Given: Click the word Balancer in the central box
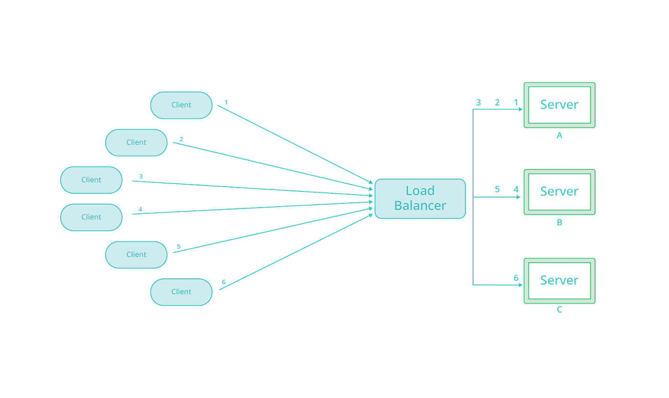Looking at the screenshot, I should click(x=420, y=206).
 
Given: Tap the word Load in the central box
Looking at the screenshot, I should click(x=420, y=191).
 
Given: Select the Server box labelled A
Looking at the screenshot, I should click(x=559, y=105).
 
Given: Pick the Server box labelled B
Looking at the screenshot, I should click(x=559, y=191).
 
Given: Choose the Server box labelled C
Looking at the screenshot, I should click(x=559, y=280).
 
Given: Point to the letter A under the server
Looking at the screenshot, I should click(x=559, y=136).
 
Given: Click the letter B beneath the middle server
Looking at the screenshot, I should click(x=559, y=223).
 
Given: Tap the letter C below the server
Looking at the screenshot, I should click(x=559, y=311).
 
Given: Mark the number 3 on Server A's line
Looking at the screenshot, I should click(x=478, y=103).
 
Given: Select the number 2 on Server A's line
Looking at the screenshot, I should click(x=497, y=103).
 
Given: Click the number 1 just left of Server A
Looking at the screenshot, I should click(x=516, y=103).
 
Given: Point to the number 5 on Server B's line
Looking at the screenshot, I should click(x=497, y=189).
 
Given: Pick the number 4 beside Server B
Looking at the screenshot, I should click(x=516, y=189).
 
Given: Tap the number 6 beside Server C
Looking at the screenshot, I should click(x=515, y=277).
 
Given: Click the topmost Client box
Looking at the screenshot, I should click(x=181, y=105).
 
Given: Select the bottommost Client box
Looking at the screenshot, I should click(x=181, y=292).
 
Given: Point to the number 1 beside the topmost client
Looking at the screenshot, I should click(x=226, y=102).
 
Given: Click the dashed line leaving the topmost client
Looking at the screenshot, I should click(x=287, y=139).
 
